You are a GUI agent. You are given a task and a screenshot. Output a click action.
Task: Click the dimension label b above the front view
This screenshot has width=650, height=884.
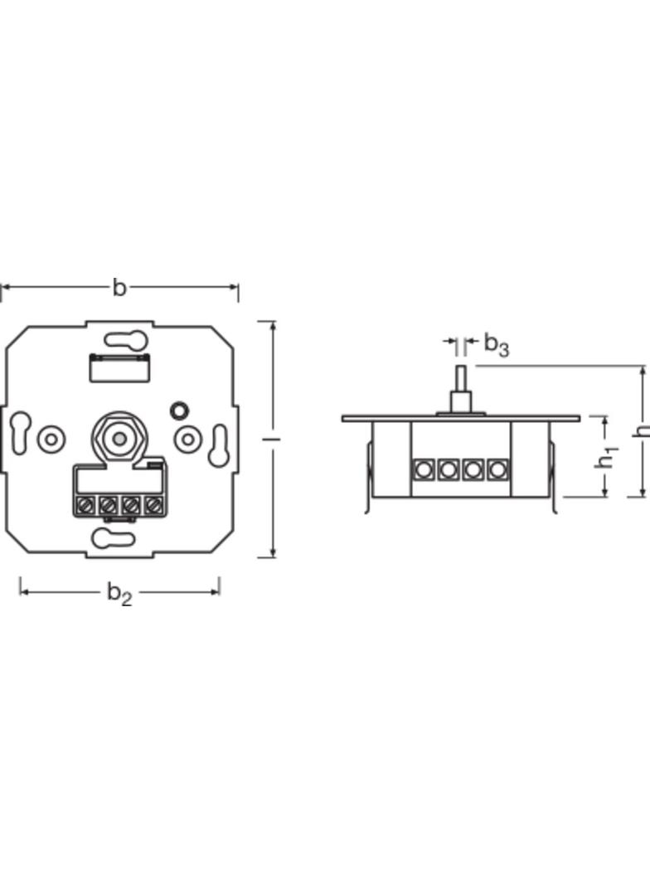(119, 288)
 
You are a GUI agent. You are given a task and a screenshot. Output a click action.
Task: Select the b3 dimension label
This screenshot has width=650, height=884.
(496, 344)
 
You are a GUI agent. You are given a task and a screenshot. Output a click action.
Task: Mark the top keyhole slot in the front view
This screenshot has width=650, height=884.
(126, 339)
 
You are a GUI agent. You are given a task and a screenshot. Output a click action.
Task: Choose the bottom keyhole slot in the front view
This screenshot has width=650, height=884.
(113, 538)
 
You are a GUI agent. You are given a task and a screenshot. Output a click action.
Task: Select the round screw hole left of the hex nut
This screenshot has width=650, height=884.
(51, 439)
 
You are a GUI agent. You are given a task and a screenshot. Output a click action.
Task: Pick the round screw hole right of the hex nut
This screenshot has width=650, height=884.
(187, 439)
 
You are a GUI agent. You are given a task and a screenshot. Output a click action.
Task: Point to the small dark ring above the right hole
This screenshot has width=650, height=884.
(178, 410)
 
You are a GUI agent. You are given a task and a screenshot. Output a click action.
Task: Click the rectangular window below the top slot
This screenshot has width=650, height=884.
(119, 367)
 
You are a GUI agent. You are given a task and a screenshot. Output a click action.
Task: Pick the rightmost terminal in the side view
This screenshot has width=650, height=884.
(497, 469)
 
